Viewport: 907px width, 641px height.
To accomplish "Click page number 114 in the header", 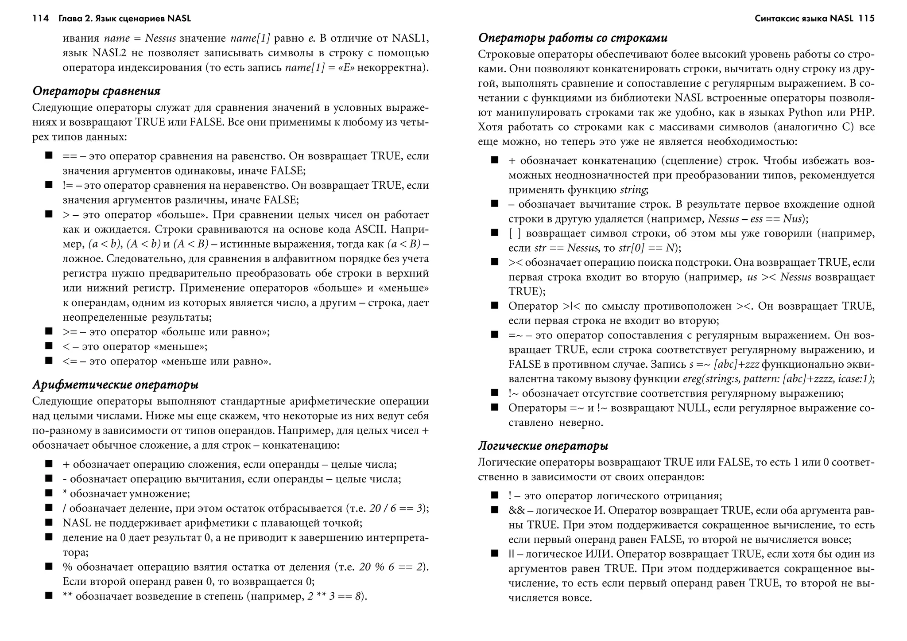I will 40,19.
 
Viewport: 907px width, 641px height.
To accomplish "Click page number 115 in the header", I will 866,19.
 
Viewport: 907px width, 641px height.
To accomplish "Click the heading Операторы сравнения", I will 96,91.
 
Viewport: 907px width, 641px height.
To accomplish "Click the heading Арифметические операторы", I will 115,385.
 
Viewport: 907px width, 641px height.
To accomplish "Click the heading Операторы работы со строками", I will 573,38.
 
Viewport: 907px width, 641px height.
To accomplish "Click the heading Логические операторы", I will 543,446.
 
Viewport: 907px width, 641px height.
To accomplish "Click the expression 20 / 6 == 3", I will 397,509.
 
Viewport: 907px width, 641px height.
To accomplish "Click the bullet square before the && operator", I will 495,509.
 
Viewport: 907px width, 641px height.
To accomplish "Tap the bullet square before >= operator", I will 49,331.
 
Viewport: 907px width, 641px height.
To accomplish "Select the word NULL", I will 692,408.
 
